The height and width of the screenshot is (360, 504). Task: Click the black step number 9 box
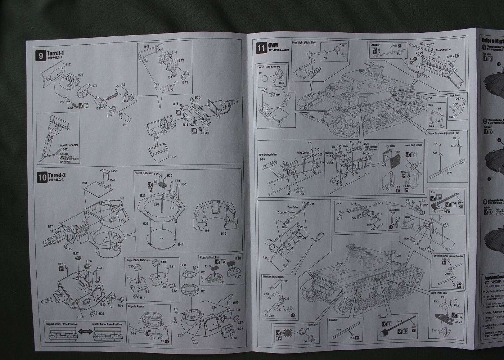coord(41,56)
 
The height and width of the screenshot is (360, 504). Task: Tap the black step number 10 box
coord(42,177)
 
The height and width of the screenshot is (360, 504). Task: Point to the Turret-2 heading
coord(59,175)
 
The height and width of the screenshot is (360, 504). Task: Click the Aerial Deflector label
coord(69,145)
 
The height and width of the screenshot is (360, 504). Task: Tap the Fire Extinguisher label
coord(268,155)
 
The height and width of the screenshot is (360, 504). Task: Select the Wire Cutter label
coord(303,153)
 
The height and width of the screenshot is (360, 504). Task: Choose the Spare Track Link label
coord(439,293)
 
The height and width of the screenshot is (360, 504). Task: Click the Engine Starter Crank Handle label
coord(448,256)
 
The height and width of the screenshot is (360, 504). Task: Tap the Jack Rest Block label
coord(413,145)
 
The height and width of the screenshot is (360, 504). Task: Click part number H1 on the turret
coord(122,198)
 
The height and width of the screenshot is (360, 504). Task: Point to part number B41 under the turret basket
coord(180,244)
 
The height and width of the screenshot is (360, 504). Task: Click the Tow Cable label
coord(292,208)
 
